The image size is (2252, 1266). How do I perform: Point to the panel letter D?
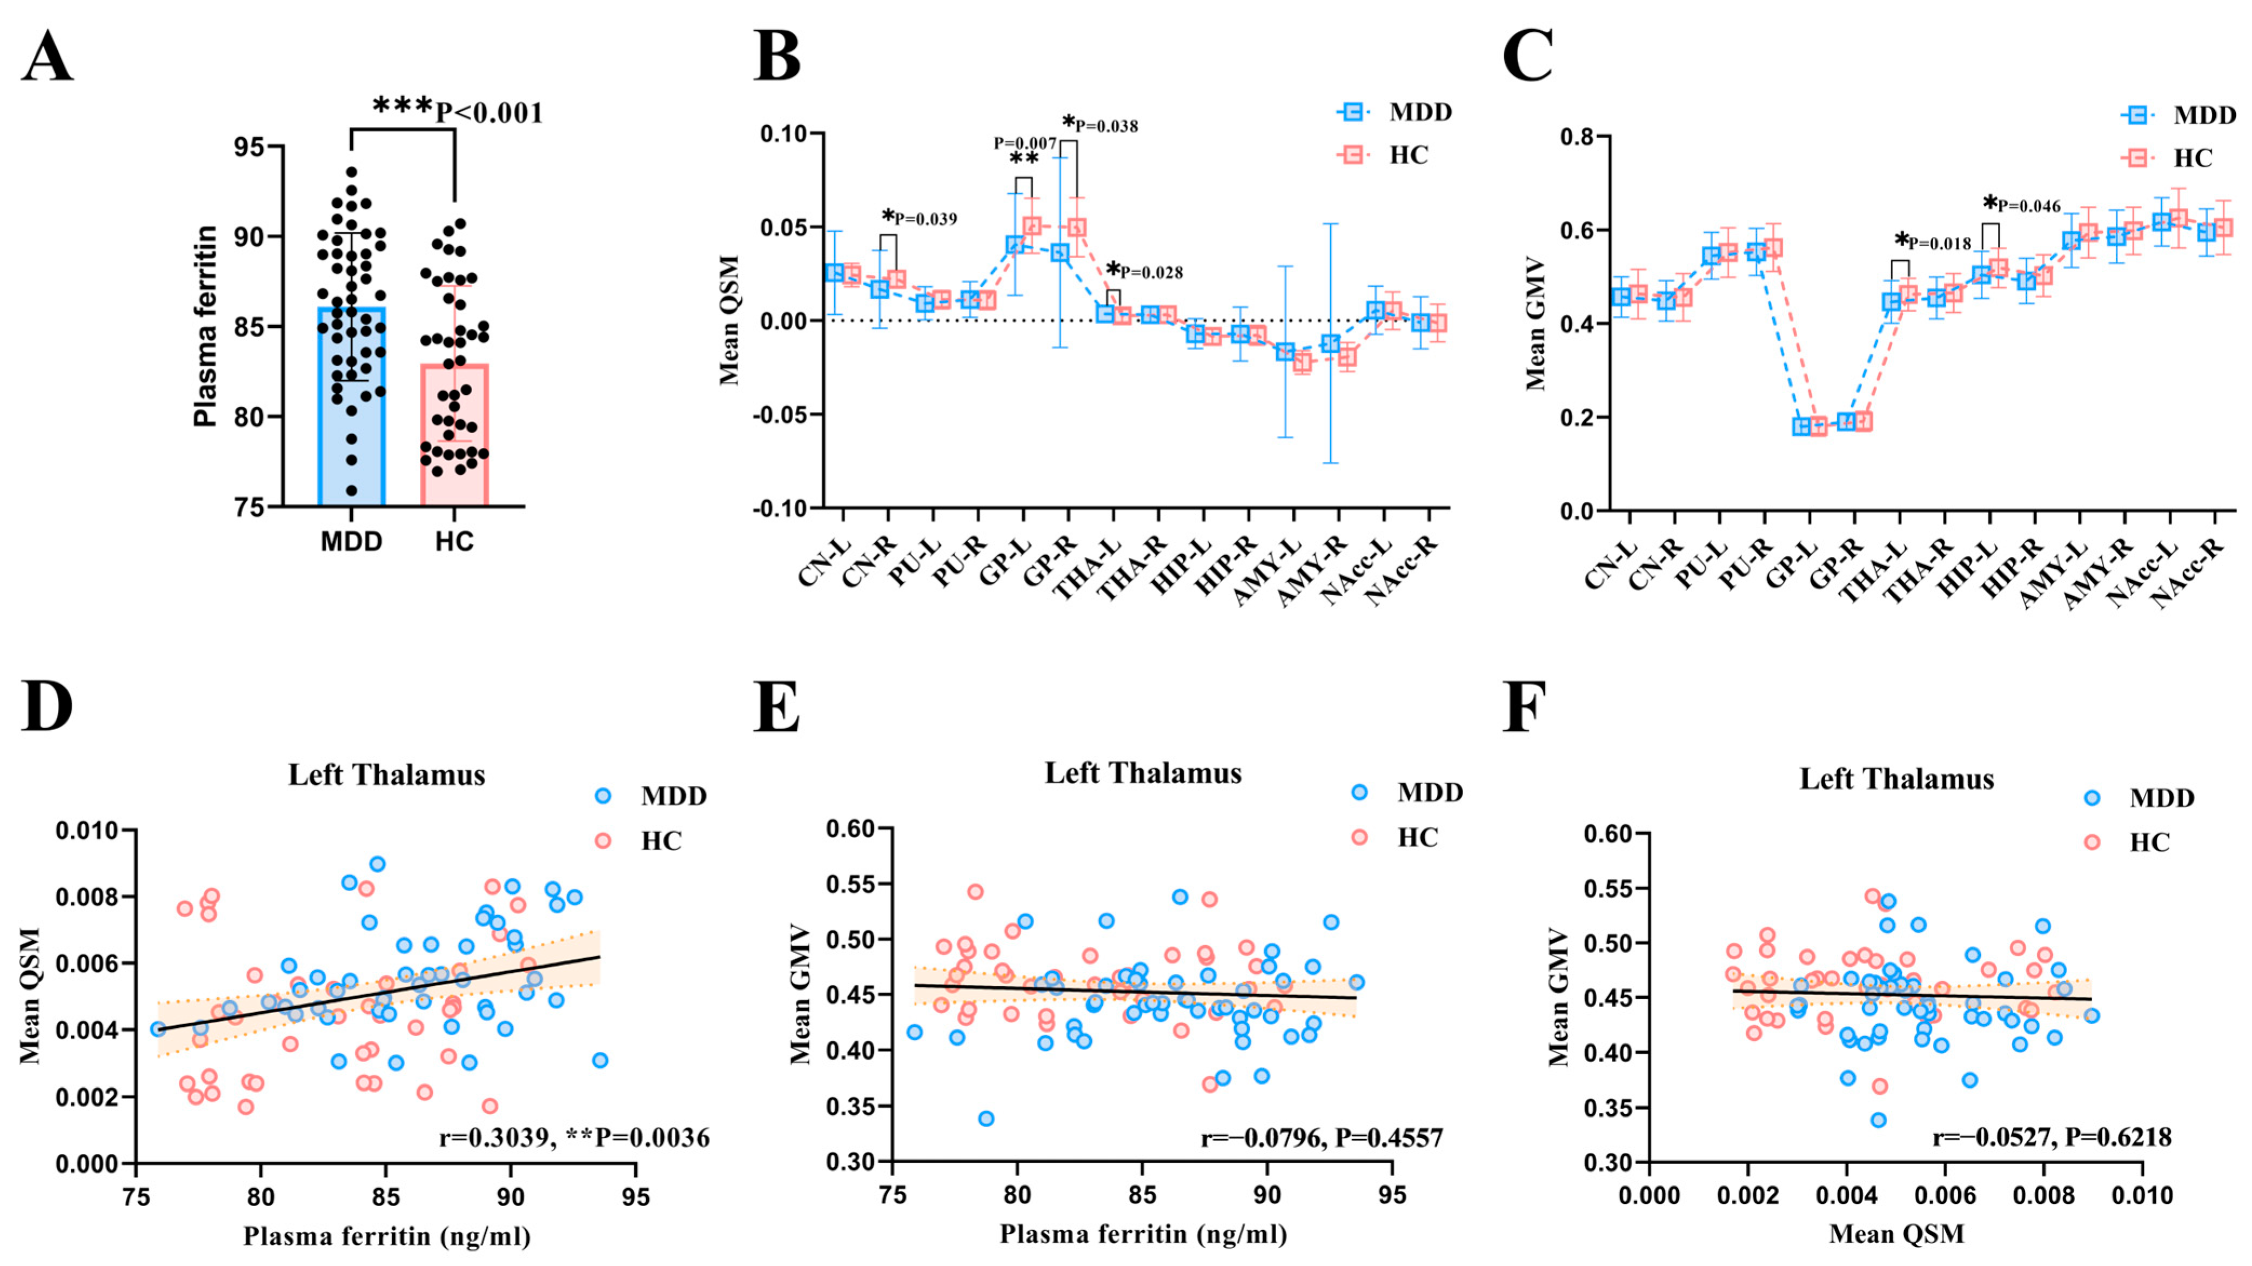tap(46, 705)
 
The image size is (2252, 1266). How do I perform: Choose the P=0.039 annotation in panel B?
tap(925, 218)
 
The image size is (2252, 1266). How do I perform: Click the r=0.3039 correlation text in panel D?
tap(495, 1137)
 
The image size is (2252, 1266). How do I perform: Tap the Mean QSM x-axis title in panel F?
tap(1896, 1234)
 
